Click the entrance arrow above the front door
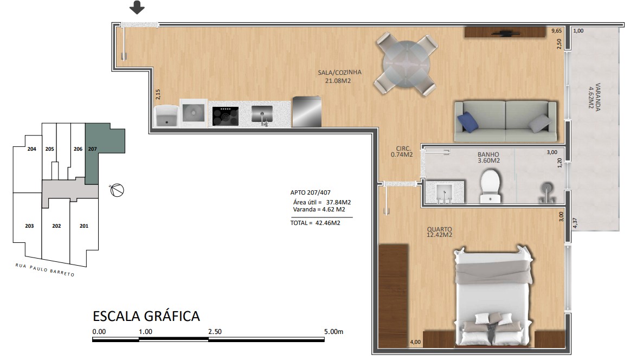[x=137, y=7]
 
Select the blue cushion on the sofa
[x=468, y=121]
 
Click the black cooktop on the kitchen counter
[x=226, y=115]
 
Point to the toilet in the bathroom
[x=490, y=185]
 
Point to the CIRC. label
[x=403, y=148]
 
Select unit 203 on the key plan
[x=29, y=226]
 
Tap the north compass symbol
[x=117, y=190]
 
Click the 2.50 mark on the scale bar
[x=215, y=332]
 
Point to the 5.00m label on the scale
[x=333, y=332]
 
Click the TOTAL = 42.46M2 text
[x=315, y=223]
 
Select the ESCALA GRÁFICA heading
[x=146, y=316]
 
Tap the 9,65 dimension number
[x=556, y=30]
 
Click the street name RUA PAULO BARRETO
[x=44, y=269]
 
